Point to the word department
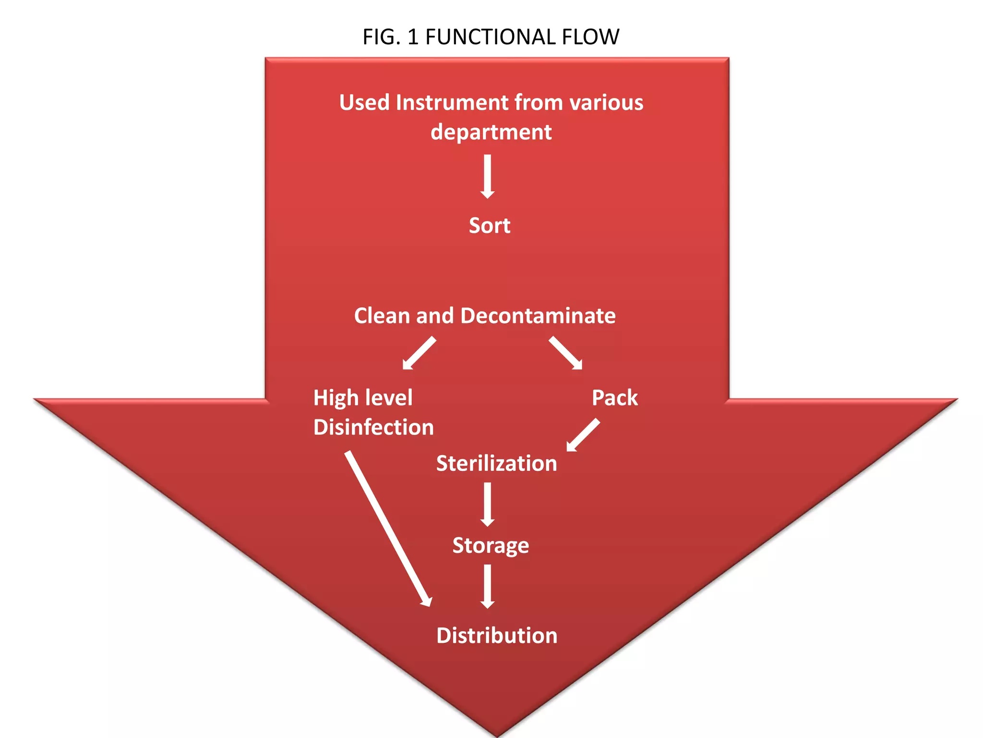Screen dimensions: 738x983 pyautogui.click(x=491, y=132)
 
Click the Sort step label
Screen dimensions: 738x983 pyautogui.click(x=489, y=225)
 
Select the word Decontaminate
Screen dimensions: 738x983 pyautogui.click(x=538, y=316)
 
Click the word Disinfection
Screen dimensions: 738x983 pyautogui.click(x=373, y=427)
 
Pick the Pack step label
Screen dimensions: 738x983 pyautogui.click(x=614, y=398)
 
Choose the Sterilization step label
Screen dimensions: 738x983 pyautogui.click(x=496, y=464)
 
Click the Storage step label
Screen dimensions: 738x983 pyautogui.click(x=491, y=546)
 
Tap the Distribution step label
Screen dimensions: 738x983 pyautogui.click(x=496, y=636)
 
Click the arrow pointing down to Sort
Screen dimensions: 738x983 pyautogui.click(x=487, y=176)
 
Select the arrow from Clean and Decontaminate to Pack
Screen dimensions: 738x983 pyautogui.click(x=565, y=353)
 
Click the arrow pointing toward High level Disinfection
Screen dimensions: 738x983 pyautogui.click(x=420, y=353)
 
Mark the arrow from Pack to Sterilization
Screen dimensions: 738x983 pyautogui.click(x=583, y=435)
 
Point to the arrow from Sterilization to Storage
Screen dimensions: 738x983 pyautogui.click(x=487, y=504)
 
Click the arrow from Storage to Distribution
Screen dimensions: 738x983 pyautogui.click(x=487, y=586)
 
